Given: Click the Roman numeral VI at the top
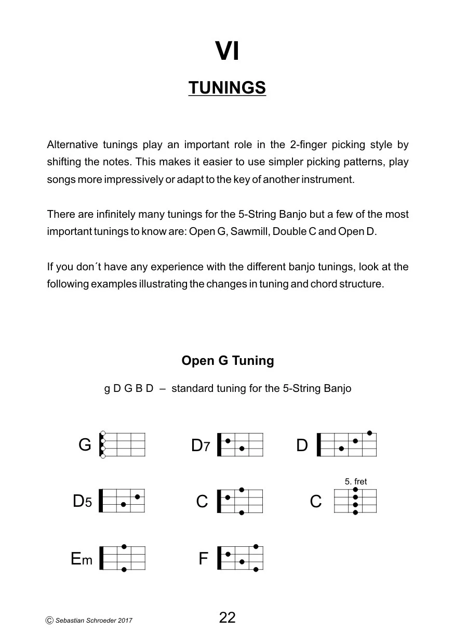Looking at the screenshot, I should click(x=227, y=52).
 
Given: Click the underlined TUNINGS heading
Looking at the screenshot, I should click(x=227, y=88).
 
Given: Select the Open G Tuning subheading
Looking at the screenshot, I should click(x=228, y=361).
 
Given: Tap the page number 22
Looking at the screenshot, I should click(x=228, y=617).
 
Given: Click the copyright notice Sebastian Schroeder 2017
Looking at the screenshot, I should click(x=89, y=620).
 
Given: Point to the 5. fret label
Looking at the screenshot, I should click(x=356, y=482).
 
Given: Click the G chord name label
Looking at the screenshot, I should click(x=85, y=445).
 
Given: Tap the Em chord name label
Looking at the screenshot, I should click(x=82, y=559).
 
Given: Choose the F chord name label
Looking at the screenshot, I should click(x=203, y=559).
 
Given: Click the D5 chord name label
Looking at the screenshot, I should click(x=82, y=502).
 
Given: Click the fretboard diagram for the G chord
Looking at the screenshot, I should click(x=123, y=445).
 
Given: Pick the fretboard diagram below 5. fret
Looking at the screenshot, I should click(x=355, y=501).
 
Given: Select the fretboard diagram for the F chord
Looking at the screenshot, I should click(x=241, y=558).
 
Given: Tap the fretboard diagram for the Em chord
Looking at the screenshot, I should click(x=123, y=558).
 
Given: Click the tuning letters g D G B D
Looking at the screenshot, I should click(x=129, y=389).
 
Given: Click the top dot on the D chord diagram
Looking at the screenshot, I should click(x=369, y=433).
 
